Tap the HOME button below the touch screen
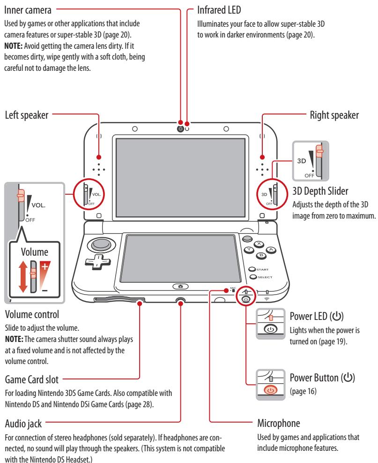coord(180,286)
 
